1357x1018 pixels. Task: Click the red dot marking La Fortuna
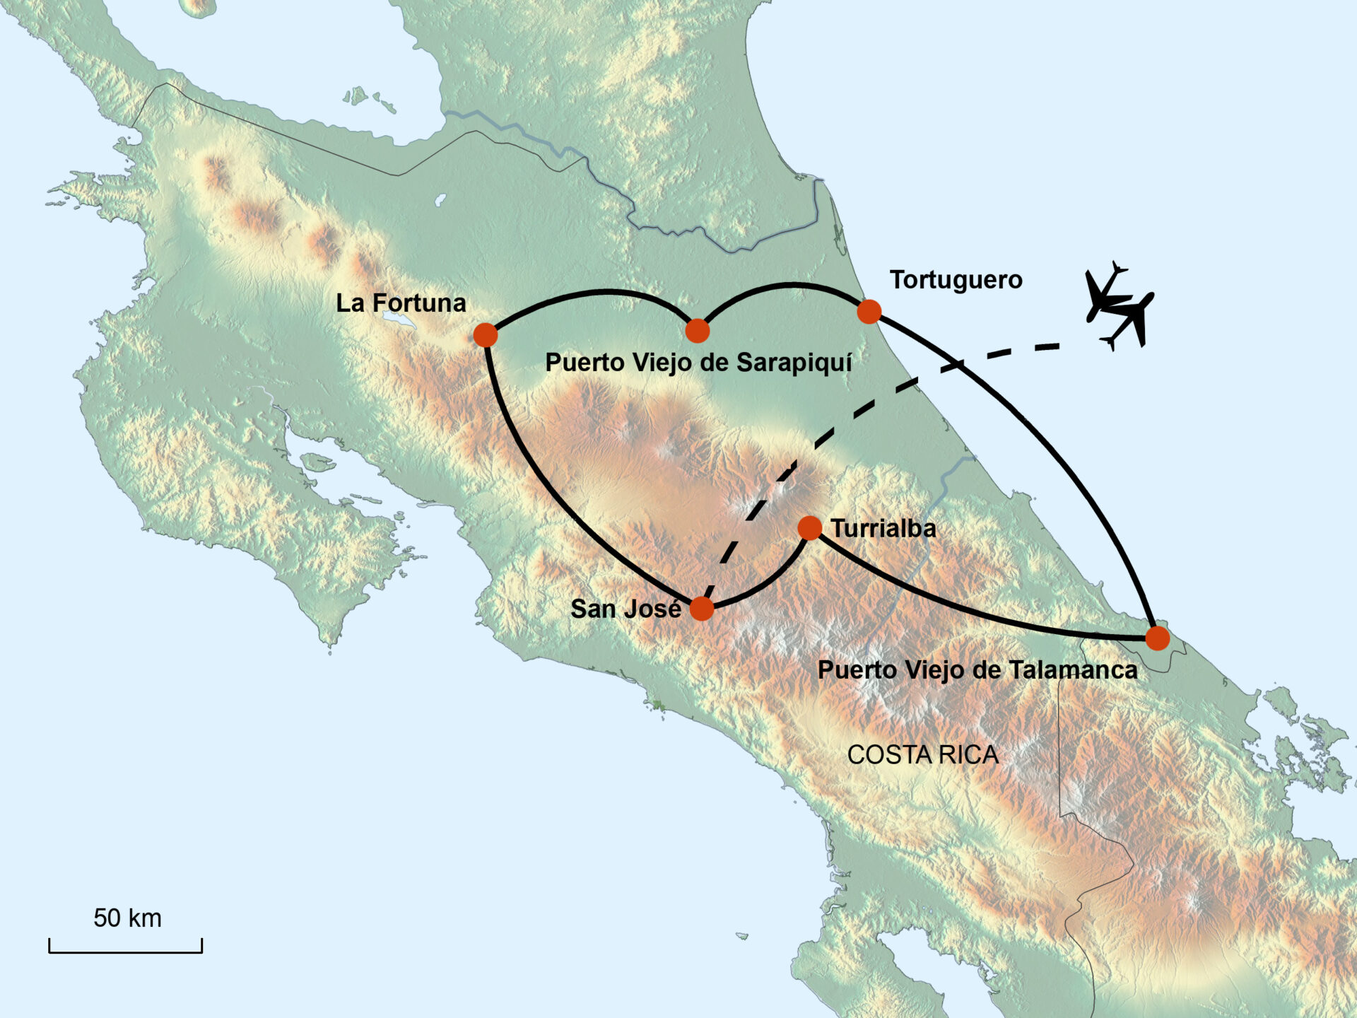486,335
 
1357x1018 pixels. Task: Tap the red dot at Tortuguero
869,311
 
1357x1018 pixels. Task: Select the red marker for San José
701,608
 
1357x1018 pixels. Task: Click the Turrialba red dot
809,528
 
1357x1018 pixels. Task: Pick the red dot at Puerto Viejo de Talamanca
1157,638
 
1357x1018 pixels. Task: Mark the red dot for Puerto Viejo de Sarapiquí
697,330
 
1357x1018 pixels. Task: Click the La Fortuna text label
401,303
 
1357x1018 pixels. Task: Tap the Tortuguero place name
956,280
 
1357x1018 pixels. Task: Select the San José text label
625,609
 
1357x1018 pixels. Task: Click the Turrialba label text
883,529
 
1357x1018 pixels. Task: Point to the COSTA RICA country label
922,755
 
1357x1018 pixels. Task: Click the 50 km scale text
127,918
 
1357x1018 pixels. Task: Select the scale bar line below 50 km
126,952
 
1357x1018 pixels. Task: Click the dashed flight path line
866,407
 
